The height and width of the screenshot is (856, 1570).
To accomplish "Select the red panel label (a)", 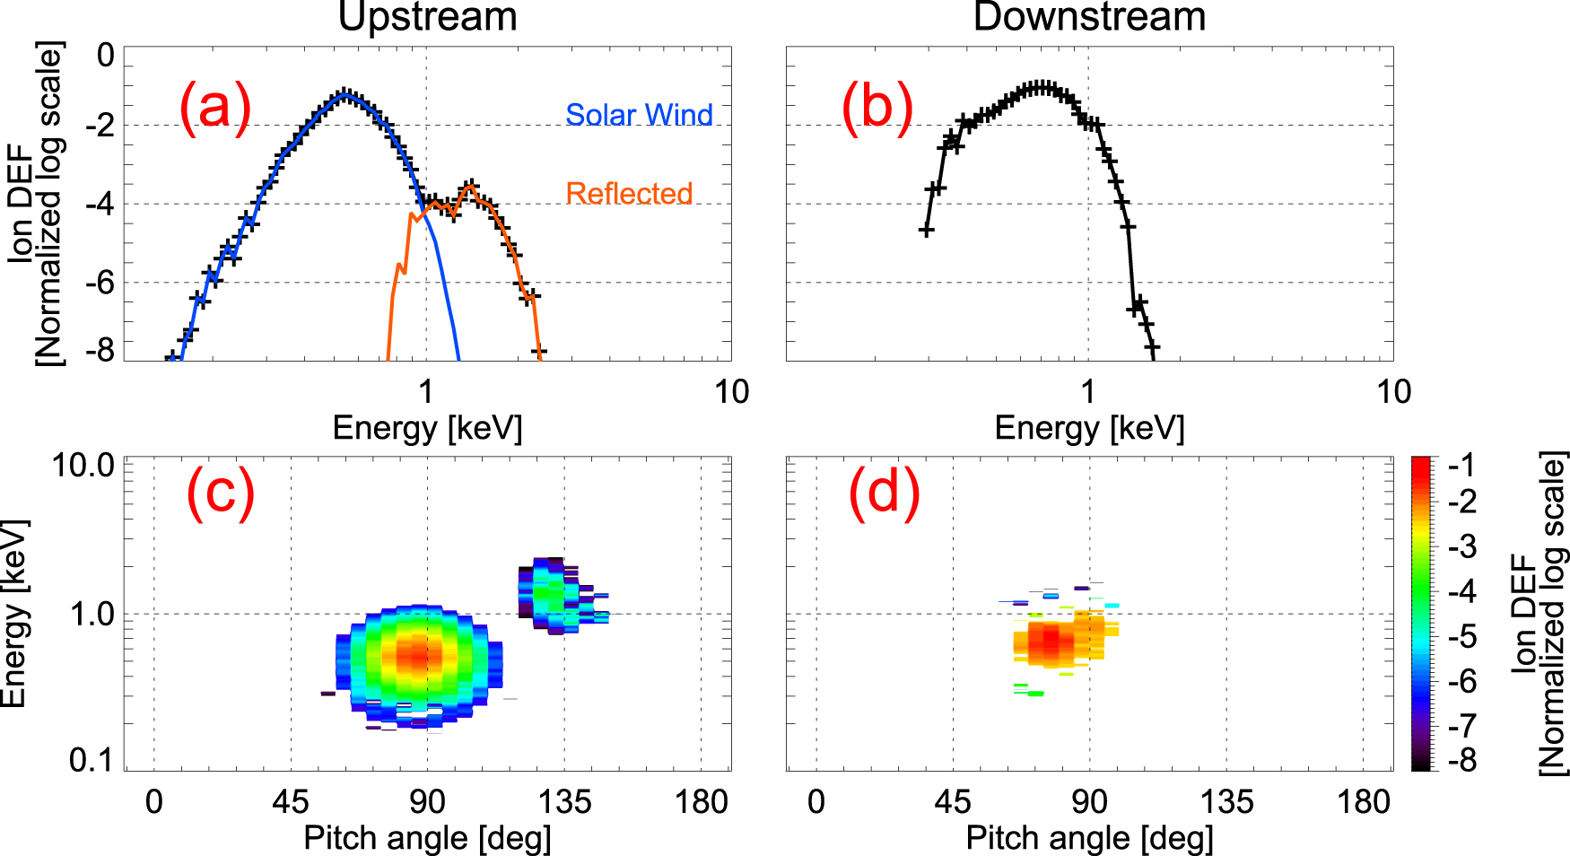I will (214, 108).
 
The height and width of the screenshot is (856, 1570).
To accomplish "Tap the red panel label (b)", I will (877, 108).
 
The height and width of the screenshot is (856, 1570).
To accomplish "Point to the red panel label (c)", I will (220, 494).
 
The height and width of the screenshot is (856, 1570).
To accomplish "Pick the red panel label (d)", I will (884, 494).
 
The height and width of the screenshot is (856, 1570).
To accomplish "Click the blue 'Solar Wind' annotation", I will (639, 115).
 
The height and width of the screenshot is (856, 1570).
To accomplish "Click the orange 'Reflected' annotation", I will (629, 193).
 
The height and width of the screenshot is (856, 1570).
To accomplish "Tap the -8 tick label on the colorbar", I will (1461, 761).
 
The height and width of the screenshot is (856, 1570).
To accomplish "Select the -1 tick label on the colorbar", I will (1461, 465).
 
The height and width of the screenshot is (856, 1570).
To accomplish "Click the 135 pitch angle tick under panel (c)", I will (563, 801).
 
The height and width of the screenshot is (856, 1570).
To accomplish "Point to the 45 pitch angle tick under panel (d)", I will (952, 801).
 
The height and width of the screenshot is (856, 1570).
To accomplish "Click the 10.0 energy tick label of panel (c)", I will (83, 466).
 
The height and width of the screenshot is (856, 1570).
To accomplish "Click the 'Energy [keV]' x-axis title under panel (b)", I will (1089, 428).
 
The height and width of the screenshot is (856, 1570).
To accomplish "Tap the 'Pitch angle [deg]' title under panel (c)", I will (427, 838).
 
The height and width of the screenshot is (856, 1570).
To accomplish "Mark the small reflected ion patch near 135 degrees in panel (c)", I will (552, 594).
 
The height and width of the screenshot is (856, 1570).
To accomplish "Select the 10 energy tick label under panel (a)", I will (731, 392).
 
